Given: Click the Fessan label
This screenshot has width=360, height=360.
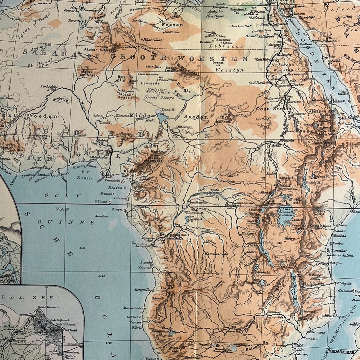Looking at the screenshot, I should click(172, 25).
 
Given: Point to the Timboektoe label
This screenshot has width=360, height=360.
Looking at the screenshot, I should click(49, 87).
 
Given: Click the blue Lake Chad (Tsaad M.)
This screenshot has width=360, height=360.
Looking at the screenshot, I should click(163, 117).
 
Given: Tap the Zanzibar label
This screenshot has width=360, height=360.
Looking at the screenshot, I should click(339, 250).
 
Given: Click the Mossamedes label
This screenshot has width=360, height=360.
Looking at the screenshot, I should click(133, 308).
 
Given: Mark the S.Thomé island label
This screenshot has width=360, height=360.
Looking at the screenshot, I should click(101, 201).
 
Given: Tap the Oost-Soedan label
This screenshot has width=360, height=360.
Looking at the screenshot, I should click(268, 109).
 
